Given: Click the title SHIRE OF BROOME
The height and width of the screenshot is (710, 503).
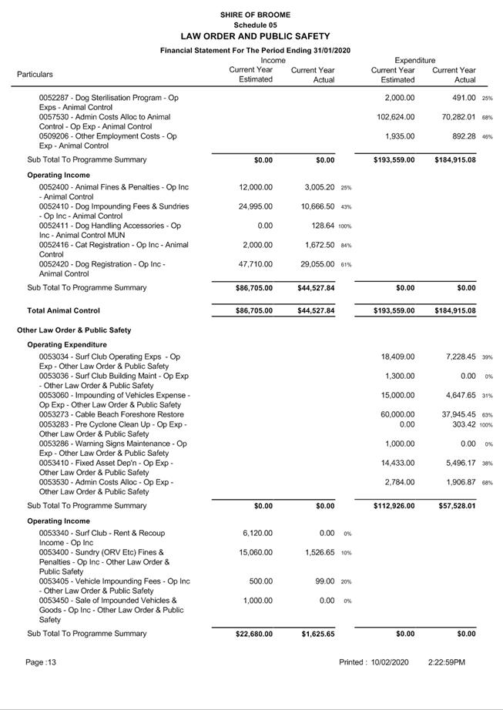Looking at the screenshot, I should pos(255,15).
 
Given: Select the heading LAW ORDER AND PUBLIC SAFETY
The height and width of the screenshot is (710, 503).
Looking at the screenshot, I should pos(255,36).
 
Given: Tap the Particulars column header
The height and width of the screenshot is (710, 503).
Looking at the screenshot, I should pos(35,75).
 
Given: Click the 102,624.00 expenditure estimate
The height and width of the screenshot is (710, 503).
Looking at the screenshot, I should pos(396,117).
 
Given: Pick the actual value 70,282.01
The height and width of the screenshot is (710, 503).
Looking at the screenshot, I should pos(454,117).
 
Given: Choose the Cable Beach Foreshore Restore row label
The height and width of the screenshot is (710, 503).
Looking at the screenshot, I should pos(112,414).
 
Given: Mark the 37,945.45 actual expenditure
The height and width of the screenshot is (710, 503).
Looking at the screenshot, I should pos(454,414).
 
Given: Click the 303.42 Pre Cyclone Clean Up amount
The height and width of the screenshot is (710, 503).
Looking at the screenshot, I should pos(459,424).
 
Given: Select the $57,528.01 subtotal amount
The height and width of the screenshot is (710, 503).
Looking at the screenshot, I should pos(454,506).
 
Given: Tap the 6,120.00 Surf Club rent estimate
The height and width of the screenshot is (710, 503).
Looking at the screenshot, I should pos(256,533).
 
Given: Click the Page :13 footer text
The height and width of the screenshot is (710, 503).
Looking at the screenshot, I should pos(41,662).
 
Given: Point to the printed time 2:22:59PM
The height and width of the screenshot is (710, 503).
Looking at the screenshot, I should pos(446,662).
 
